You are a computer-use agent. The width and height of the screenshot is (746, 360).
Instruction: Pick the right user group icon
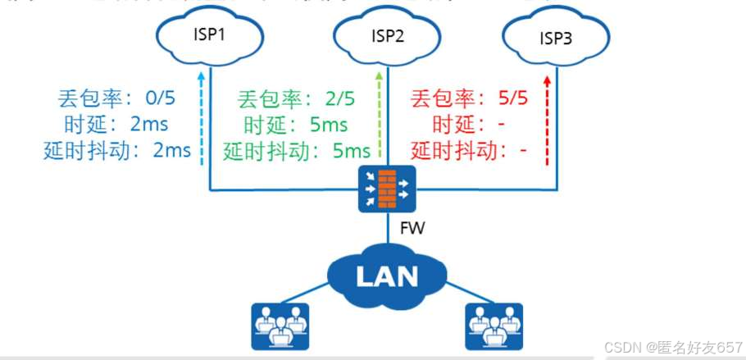494,326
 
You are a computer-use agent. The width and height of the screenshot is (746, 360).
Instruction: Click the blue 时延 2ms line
119,125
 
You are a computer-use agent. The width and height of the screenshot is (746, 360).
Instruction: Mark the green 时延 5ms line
296,126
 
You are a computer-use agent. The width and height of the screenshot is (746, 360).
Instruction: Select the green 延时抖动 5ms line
297,152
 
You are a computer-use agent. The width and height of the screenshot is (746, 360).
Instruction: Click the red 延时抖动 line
468,151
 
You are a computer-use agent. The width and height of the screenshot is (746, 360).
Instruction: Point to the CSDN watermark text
672,347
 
